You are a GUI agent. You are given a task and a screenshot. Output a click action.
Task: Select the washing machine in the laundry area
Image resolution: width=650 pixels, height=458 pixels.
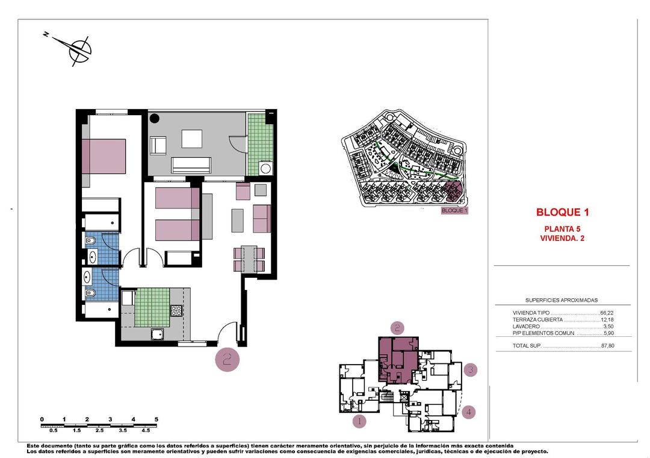[x=265, y=168]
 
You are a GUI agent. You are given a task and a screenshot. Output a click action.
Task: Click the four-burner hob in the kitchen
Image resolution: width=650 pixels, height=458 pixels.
[x=177, y=311]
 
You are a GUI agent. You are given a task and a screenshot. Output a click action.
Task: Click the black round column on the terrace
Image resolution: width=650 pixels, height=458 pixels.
[x=153, y=119]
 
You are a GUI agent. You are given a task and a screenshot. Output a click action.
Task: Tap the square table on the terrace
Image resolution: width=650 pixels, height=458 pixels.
[x=191, y=139]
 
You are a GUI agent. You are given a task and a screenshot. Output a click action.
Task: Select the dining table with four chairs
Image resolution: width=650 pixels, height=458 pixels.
[x=249, y=259]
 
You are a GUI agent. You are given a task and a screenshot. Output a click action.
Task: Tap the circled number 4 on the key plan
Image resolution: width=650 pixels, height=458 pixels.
[x=469, y=412]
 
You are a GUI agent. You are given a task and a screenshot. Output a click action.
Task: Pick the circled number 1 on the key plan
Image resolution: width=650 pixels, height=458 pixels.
[x=359, y=421]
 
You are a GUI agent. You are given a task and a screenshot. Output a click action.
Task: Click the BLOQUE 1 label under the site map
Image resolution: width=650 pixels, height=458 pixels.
[x=454, y=211]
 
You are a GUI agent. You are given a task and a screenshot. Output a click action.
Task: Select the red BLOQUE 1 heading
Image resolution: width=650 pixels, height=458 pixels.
[x=562, y=212]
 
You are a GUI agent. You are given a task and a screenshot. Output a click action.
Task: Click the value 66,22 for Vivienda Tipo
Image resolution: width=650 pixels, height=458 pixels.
[x=607, y=313]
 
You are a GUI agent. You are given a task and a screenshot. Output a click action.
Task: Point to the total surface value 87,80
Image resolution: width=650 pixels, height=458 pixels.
[x=607, y=346]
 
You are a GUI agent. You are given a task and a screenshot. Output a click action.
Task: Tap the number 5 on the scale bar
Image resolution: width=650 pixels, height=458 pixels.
[x=156, y=419]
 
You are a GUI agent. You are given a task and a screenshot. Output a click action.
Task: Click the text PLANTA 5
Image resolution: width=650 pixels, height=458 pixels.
[x=562, y=228]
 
